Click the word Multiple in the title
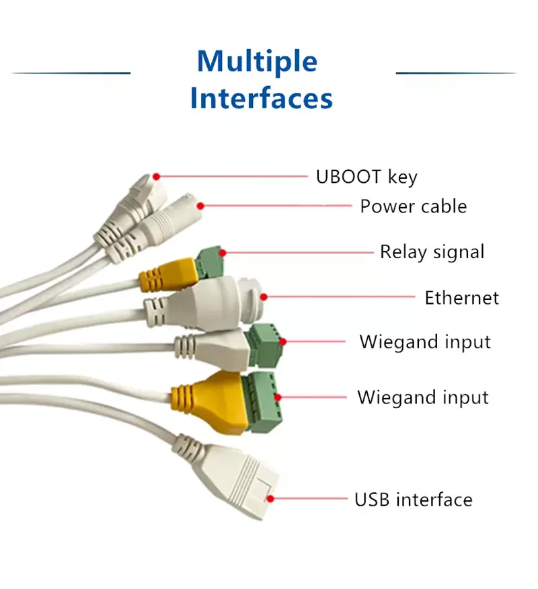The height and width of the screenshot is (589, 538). [x=257, y=62]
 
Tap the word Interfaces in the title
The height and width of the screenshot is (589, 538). [x=261, y=98]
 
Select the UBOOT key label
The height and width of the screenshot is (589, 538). [x=367, y=177]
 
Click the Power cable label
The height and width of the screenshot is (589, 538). [x=413, y=206]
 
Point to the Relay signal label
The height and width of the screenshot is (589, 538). [x=432, y=252]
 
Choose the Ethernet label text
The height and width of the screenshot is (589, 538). [x=461, y=297]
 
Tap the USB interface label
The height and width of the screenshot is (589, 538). [x=413, y=500]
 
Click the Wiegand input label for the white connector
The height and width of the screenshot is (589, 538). [x=425, y=342]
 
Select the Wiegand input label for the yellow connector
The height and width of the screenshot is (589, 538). [x=422, y=397]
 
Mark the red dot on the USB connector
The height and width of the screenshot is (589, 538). [x=270, y=499]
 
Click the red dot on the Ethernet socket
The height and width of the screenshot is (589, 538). [x=264, y=296]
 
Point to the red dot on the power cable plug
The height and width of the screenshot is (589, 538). [x=200, y=206]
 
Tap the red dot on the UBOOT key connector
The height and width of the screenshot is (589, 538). [x=156, y=177]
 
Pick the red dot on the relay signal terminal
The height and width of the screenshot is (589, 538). [x=222, y=253]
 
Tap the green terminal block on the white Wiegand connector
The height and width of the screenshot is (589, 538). [x=266, y=346]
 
